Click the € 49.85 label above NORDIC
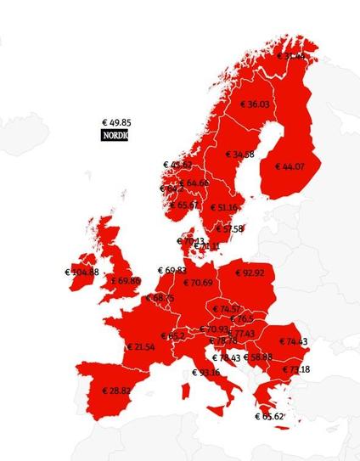[x=116, y=122]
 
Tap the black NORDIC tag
[x=115, y=135]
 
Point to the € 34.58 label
[x=240, y=155]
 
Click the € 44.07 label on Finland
[x=290, y=166]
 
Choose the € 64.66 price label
[x=194, y=183]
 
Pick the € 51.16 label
[x=223, y=208]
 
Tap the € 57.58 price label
[x=229, y=228]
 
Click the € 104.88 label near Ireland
[x=82, y=273]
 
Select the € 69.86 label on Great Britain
[x=124, y=281]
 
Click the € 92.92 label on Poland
[x=249, y=273]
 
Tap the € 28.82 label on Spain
[x=116, y=391]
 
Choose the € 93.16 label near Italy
[x=206, y=372]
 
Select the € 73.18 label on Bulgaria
[x=295, y=369]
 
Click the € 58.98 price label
[x=258, y=357]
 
